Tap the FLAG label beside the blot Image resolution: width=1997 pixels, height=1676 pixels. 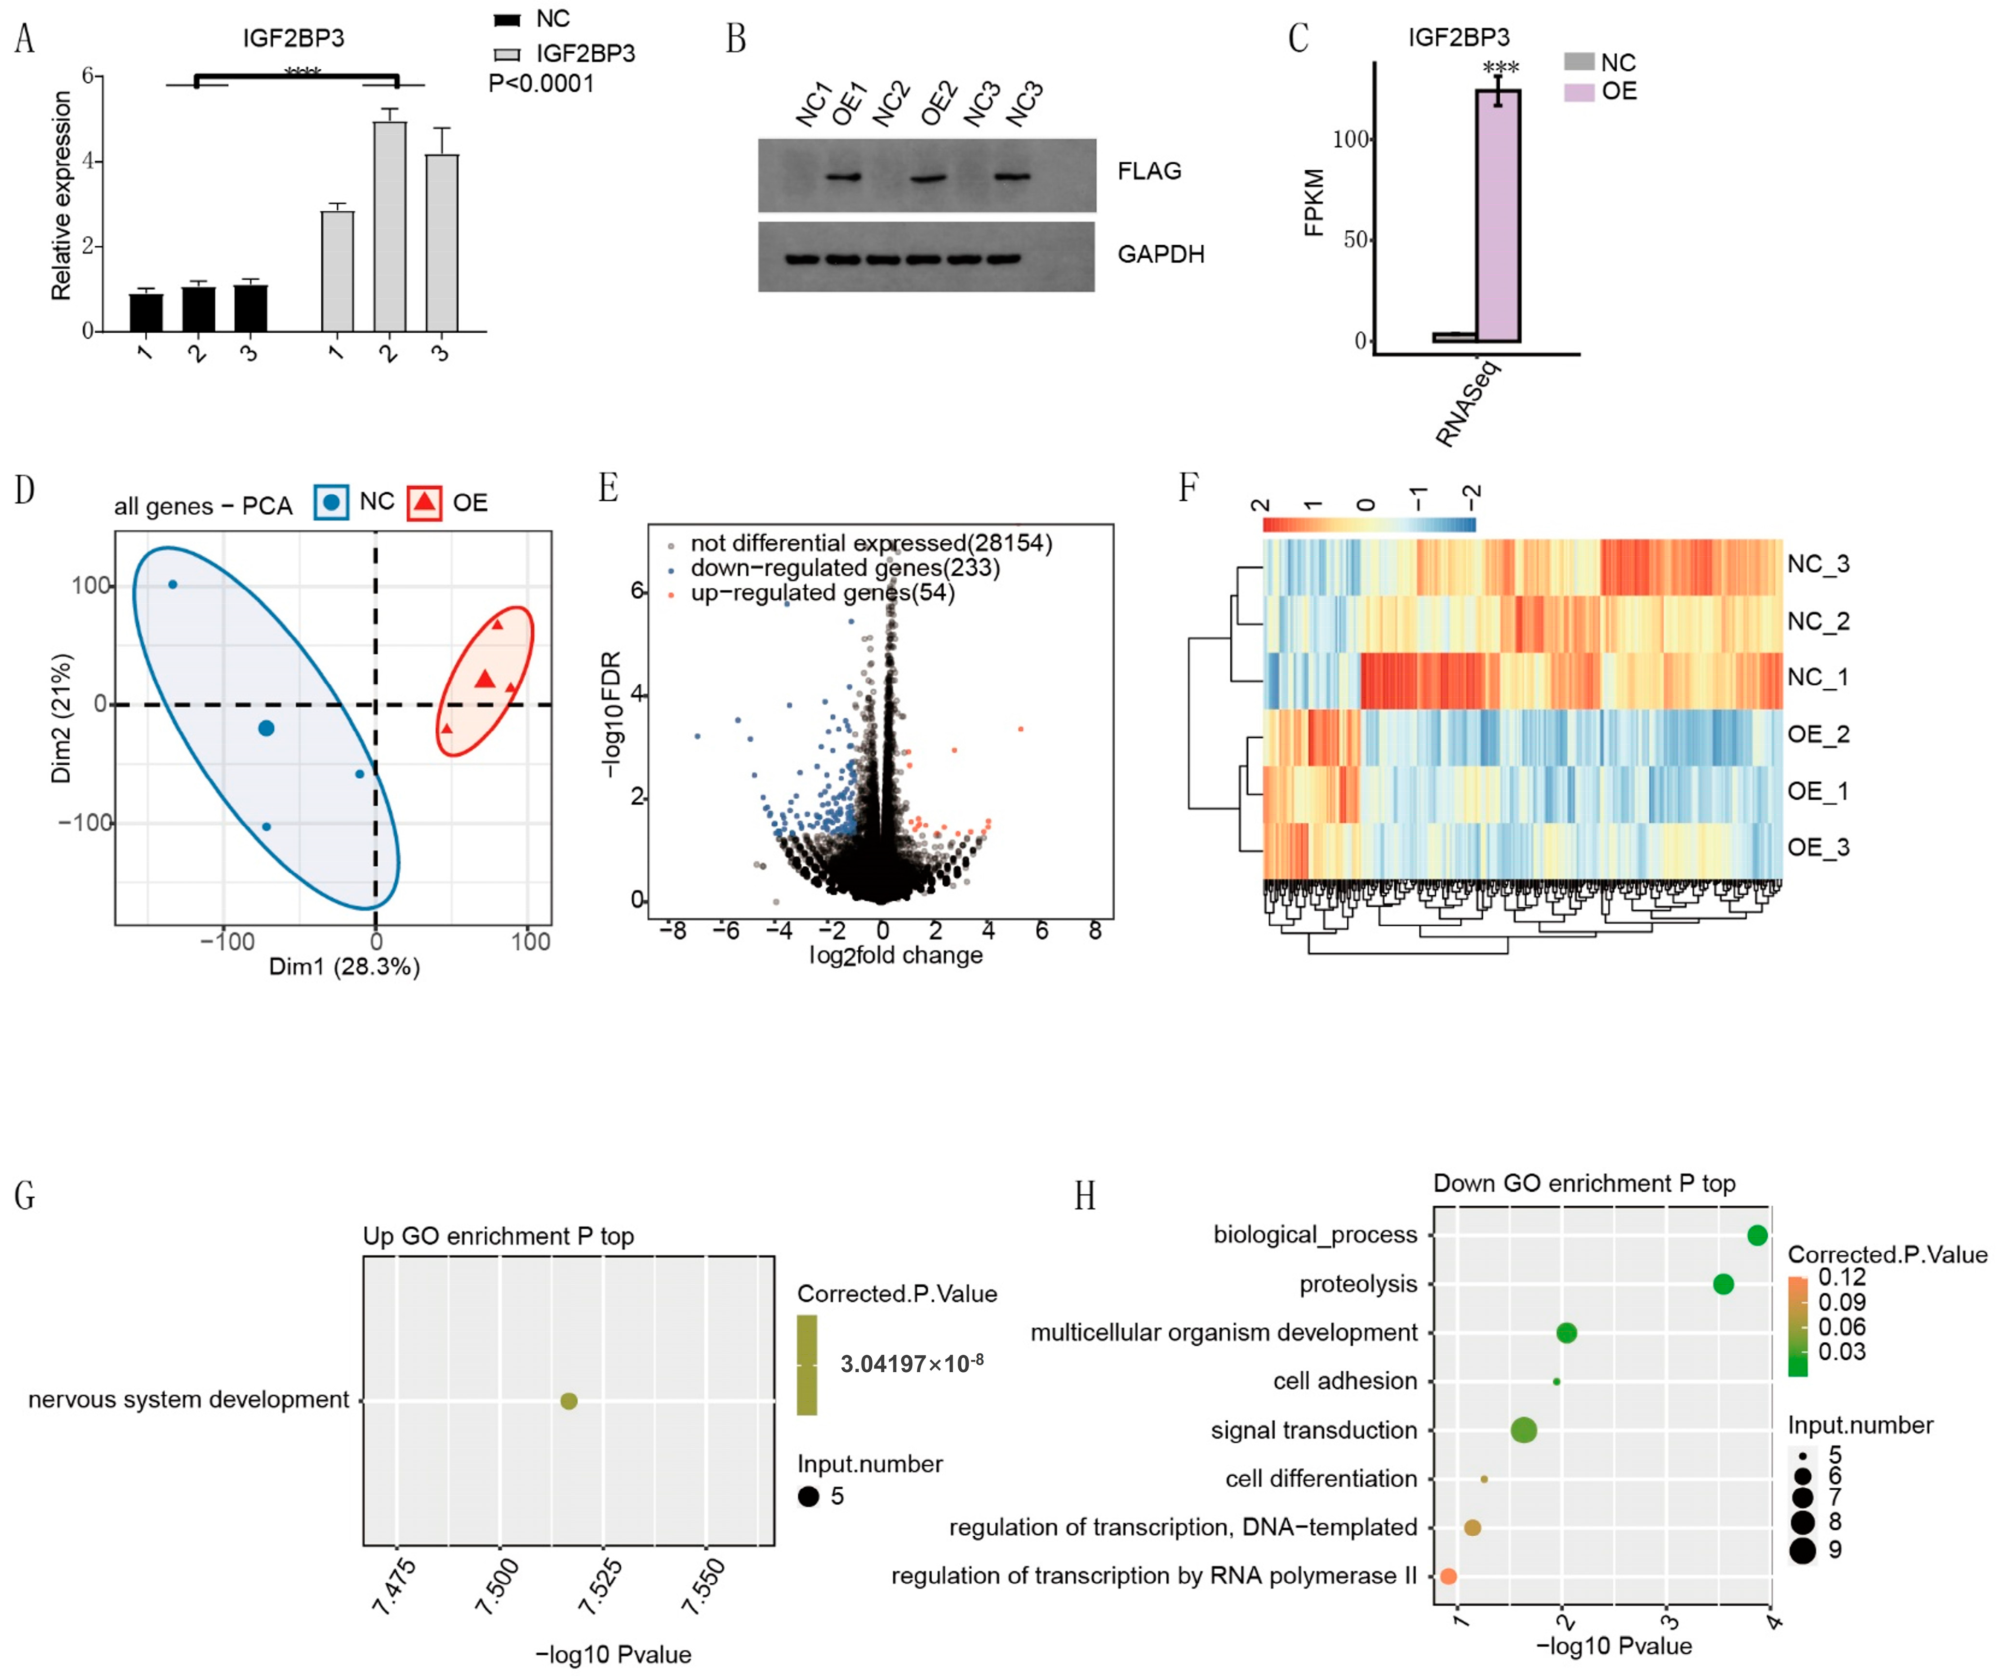click(x=1149, y=171)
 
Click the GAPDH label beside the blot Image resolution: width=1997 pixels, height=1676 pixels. click(x=1160, y=254)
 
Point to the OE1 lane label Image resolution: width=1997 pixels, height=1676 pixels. click(x=849, y=103)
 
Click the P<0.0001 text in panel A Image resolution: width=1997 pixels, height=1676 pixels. click(x=541, y=84)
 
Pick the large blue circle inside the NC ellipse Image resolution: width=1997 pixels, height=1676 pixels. click(x=266, y=728)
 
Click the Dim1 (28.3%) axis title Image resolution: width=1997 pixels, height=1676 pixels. click(x=344, y=967)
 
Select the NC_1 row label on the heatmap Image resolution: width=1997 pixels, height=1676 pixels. click(x=1817, y=677)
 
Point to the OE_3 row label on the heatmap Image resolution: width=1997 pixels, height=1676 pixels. click(x=1817, y=847)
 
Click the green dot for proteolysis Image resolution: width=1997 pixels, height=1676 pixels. click(x=1723, y=1284)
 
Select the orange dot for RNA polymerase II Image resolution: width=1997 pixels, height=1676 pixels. click(x=1448, y=1576)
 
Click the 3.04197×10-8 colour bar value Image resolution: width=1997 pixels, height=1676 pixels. click(x=911, y=1364)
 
